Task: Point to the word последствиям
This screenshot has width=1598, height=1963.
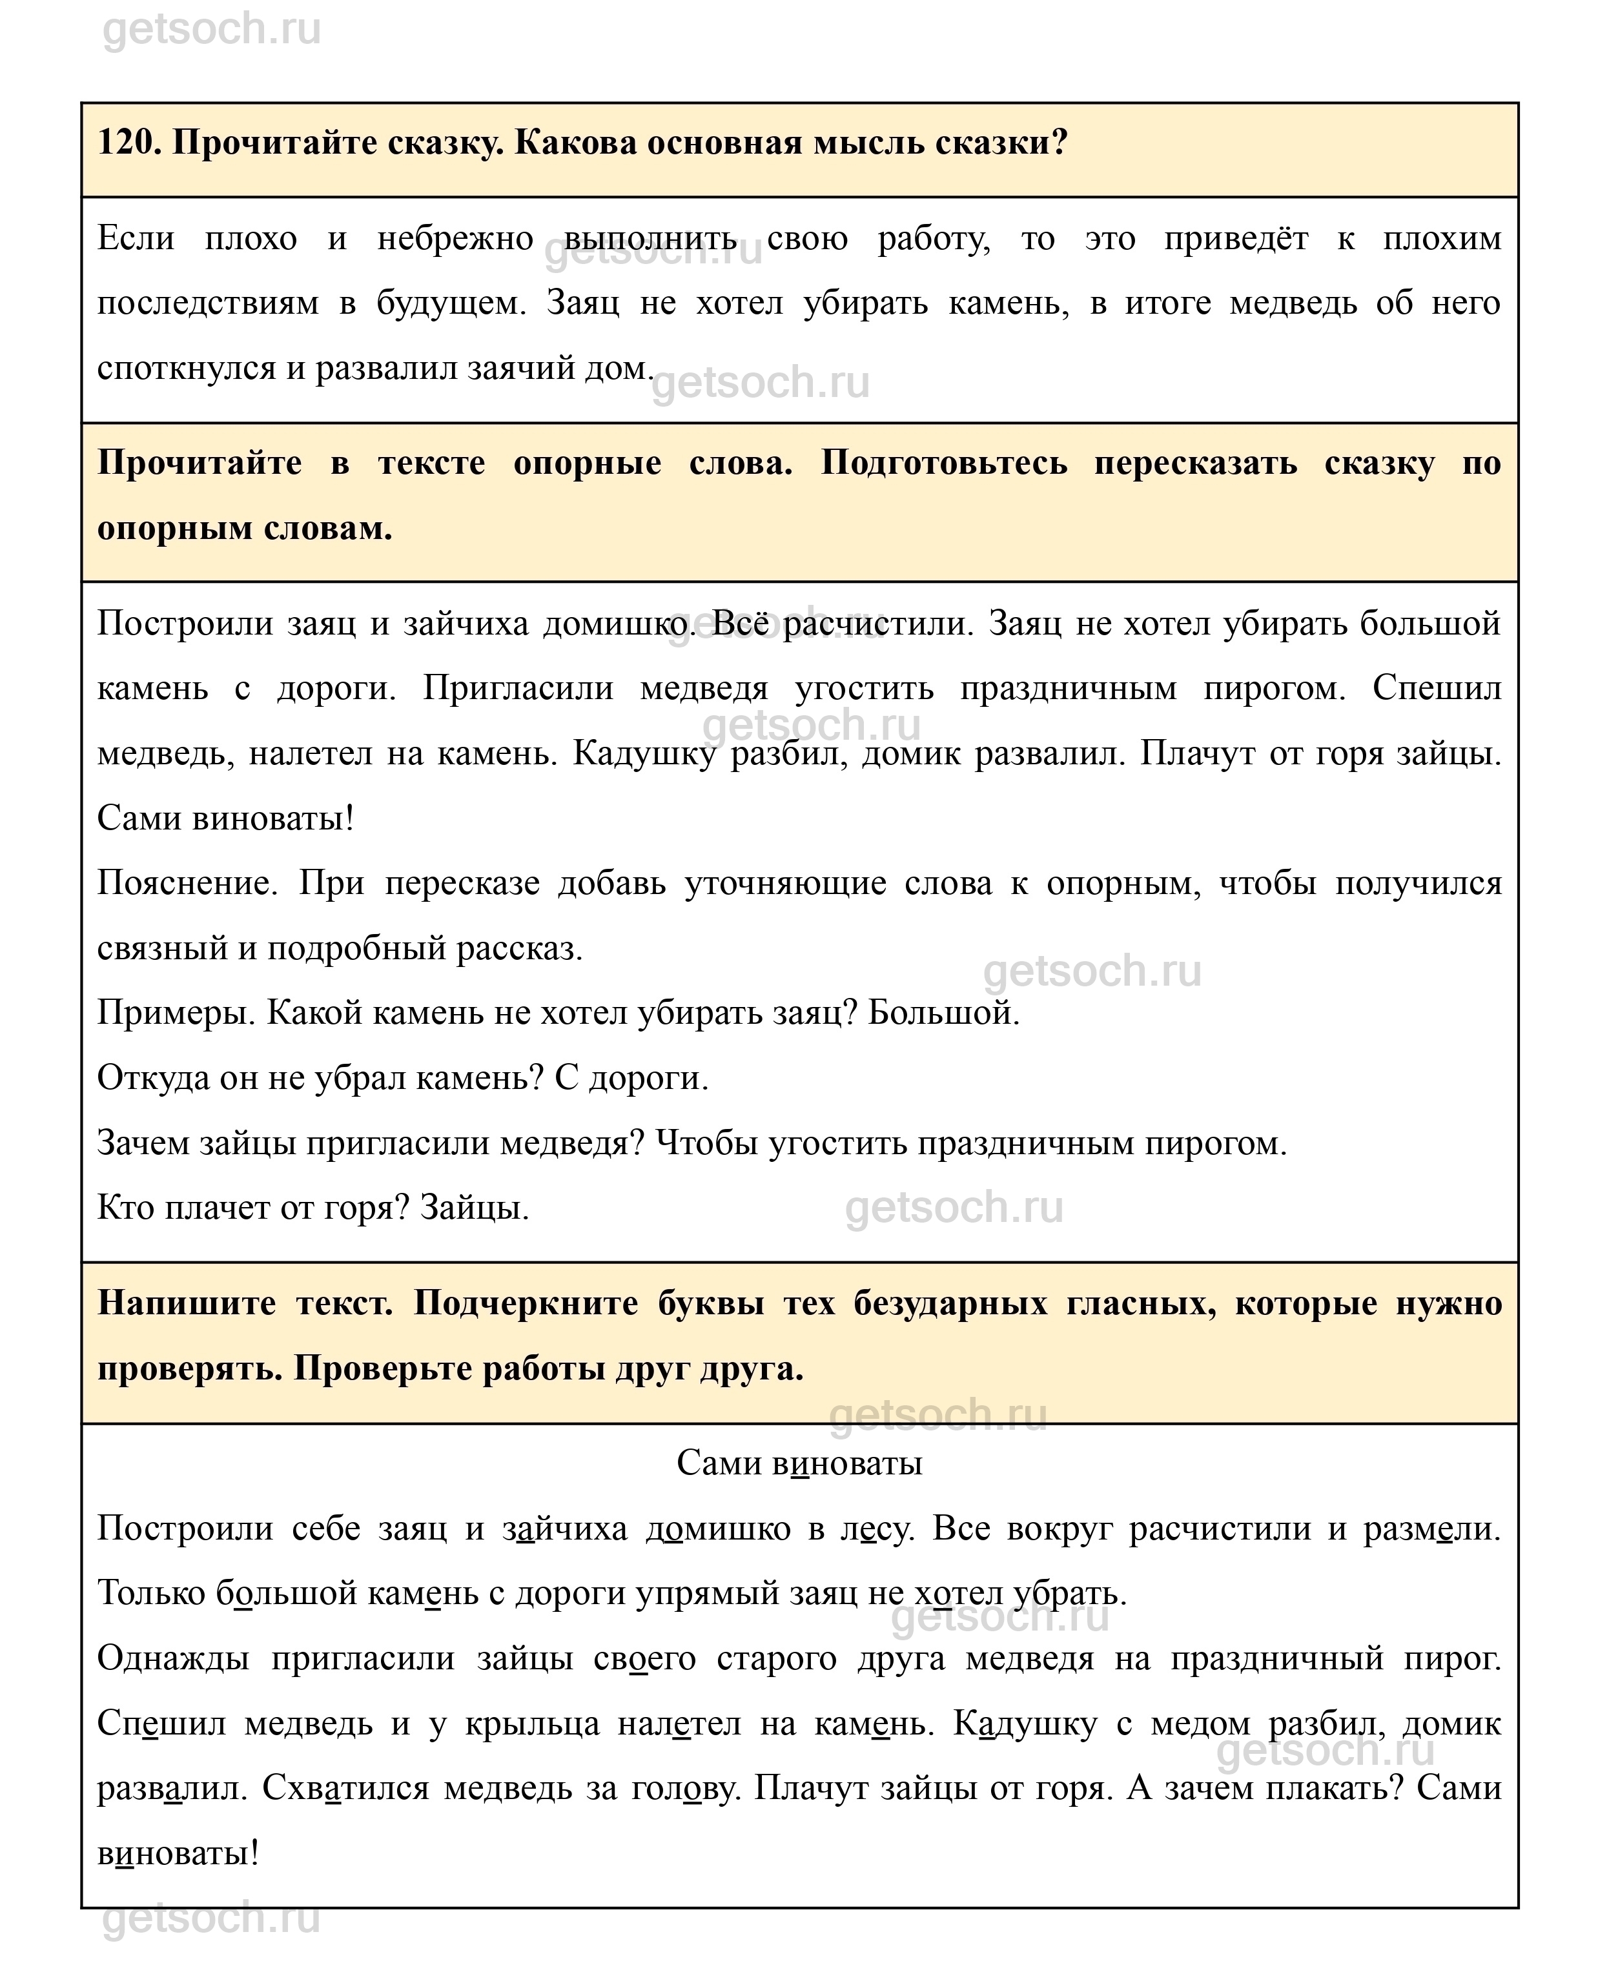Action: pos(207,303)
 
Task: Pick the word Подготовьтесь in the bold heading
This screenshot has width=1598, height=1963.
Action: pos(943,463)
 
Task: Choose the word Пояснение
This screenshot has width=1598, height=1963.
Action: pos(186,884)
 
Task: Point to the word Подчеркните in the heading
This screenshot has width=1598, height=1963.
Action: pos(526,1303)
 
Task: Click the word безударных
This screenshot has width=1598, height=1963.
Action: pos(950,1303)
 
